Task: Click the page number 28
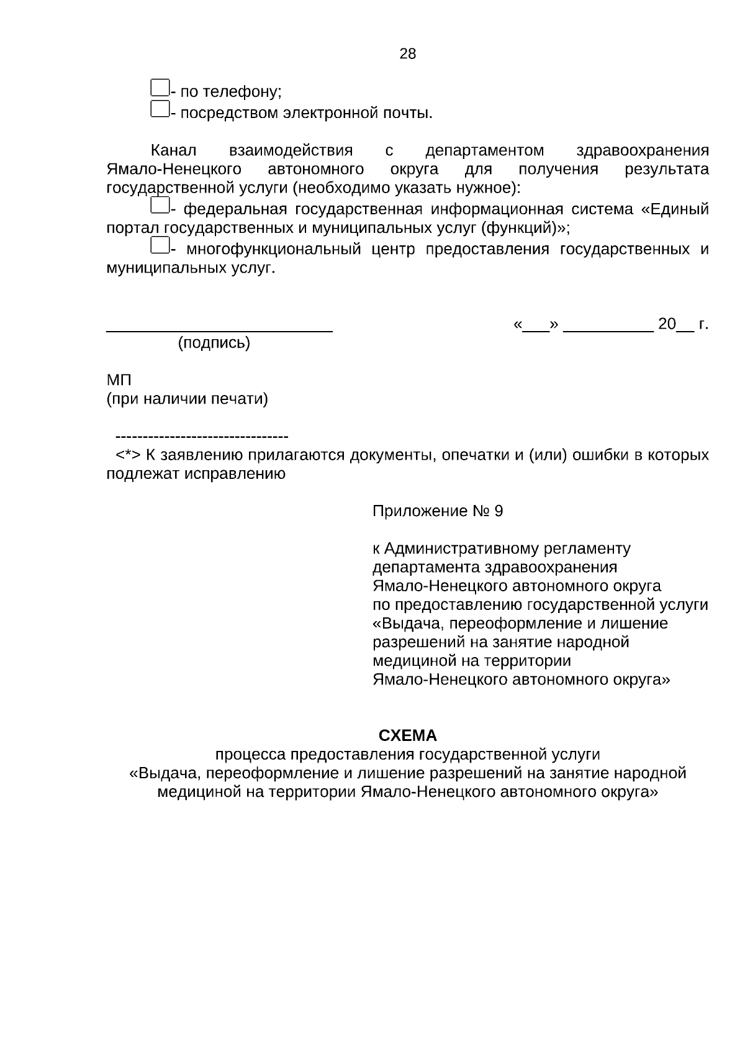407,54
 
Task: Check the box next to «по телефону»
160,88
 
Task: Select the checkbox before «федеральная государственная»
160,204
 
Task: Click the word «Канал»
174,151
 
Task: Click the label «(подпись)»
214,343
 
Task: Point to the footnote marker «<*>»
129,455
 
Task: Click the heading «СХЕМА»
407,736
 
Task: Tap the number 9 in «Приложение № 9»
499,512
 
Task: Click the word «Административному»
462,549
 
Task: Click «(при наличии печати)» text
187,399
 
